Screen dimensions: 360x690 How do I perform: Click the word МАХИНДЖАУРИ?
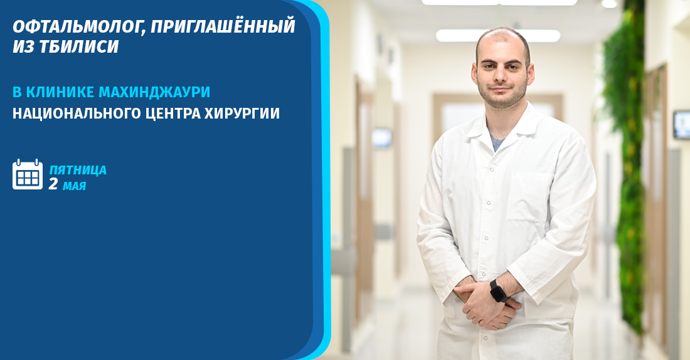(x=154, y=92)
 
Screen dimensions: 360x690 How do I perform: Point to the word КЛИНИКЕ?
(x=60, y=92)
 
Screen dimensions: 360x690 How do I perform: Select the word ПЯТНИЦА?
(x=78, y=170)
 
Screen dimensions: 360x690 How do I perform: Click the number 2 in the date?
(x=53, y=184)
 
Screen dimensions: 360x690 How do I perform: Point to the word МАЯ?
(x=74, y=186)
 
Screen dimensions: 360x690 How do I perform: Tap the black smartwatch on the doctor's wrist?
(x=498, y=291)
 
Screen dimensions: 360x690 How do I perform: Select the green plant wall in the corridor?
(x=624, y=157)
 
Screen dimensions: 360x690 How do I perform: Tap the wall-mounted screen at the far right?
(x=681, y=124)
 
